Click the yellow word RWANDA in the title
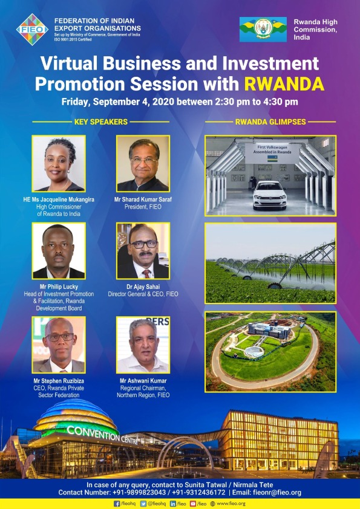click(284, 83)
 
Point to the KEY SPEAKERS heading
click(100, 122)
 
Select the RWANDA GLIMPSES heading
click(270, 122)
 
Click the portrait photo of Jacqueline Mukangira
click(59, 163)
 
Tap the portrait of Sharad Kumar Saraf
click(143, 163)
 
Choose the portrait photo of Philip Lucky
click(59, 251)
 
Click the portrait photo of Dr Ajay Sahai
click(143, 251)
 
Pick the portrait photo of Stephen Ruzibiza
click(59, 345)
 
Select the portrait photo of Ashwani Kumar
click(143, 345)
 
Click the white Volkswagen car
click(269, 195)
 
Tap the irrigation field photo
click(270, 263)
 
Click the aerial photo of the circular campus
click(270, 351)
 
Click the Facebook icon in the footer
click(117, 504)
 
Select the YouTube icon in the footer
click(194, 504)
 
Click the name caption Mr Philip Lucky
click(59, 287)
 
